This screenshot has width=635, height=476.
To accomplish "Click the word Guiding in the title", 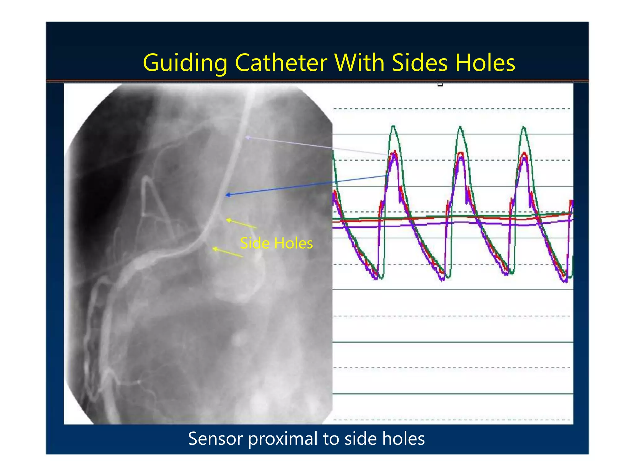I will coord(185,63).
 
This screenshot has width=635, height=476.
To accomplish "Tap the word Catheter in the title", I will coord(281,63).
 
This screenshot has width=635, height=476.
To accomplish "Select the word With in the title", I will coord(359,63).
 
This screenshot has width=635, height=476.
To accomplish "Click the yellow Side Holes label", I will coord(276,243).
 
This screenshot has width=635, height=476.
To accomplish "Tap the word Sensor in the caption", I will coord(215,439).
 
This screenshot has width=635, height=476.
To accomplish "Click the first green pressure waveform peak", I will coord(393,126).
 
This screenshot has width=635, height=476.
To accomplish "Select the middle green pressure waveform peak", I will coord(460,126).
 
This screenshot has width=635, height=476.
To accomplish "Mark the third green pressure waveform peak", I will coord(524,127).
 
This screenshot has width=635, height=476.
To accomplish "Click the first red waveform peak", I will coord(395,151).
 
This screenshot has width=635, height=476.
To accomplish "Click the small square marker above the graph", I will coord(440,84).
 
